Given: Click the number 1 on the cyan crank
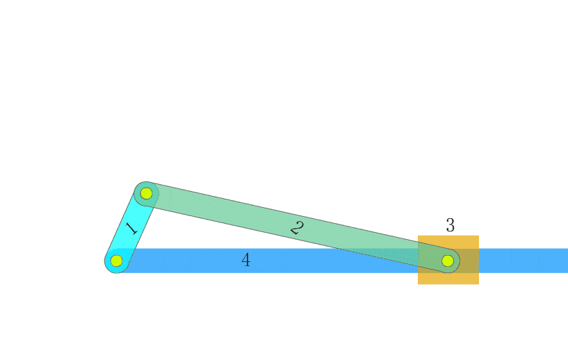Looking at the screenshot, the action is coord(132,229).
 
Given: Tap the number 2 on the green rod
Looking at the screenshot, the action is coord(297,228).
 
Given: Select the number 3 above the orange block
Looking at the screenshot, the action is coord(451,225).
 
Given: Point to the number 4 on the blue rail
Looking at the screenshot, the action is coord(246,260).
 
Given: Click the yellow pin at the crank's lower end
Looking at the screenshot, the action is coord(116,261).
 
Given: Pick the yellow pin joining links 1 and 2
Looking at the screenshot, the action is coord(147,193).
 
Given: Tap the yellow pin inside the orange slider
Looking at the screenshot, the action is coord(448,261).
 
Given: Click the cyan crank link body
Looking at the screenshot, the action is coord(131,227).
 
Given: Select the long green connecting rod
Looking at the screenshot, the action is coord(297,227).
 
